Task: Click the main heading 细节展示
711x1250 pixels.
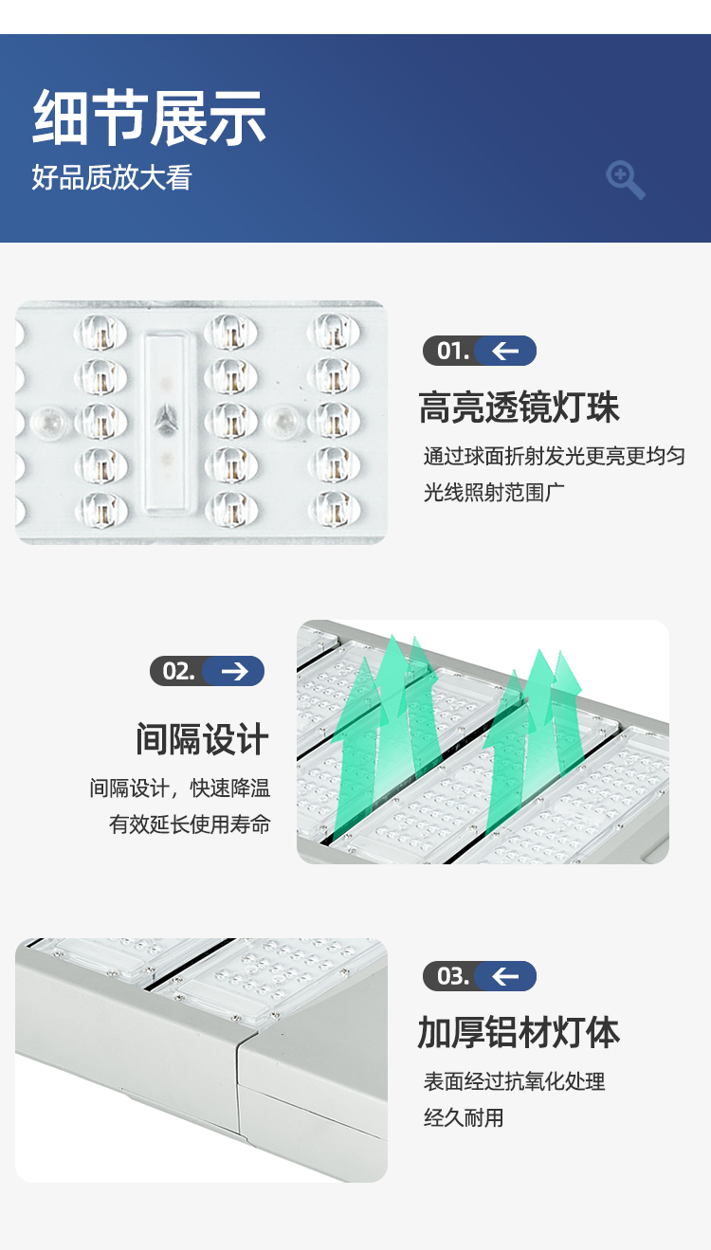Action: click(149, 118)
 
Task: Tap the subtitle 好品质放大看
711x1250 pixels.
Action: click(112, 177)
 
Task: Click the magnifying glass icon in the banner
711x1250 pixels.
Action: click(626, 180)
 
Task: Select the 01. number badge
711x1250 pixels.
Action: click(480, 351)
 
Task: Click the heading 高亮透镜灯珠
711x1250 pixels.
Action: click(519, 408)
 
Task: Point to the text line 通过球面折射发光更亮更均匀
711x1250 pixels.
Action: click(555, 456)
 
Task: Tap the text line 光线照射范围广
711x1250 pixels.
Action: click(494, 492)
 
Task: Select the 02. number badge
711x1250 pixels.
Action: click(207, 671)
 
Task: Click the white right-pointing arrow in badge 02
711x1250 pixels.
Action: click(235, 671)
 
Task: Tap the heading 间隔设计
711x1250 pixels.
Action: click(202, 739)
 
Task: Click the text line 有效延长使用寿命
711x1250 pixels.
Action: click(190, 824)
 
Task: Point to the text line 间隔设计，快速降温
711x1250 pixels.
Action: click(180, 788)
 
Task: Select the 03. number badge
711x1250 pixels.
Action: click(480, 976)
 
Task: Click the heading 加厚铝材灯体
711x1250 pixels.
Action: click(519, 1032)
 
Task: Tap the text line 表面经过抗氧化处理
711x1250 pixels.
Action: click(514, 1081)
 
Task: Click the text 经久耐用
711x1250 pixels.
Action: click(464, 1117)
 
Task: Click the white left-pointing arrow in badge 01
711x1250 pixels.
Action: click(505, 351)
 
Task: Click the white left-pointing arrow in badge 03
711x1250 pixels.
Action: click(505, 976)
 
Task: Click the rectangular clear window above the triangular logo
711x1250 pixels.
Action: click(166, 369)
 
